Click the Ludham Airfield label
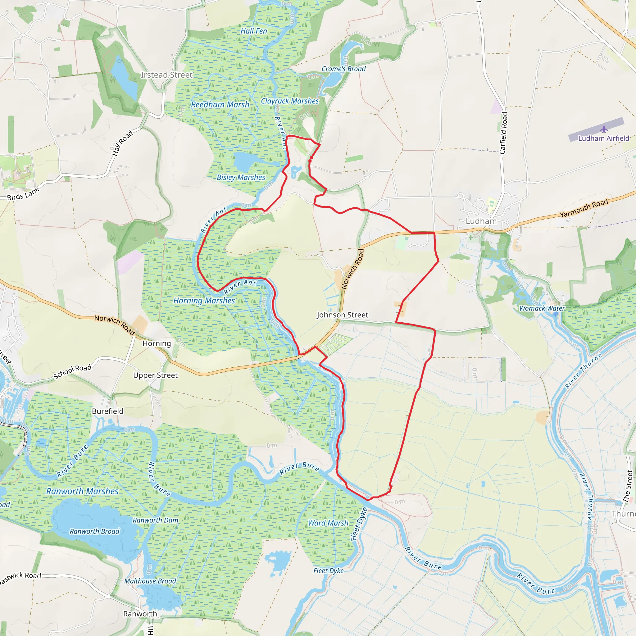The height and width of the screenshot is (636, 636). (603, 138)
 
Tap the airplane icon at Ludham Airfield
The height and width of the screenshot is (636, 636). (604, 129)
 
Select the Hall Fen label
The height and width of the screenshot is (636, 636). (253, 31)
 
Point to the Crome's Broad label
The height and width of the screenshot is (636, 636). (343, 69)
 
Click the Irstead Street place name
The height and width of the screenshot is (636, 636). (166, 75)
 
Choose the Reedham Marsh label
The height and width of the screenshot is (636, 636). (220, 104)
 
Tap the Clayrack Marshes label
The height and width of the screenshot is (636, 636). (290, 101)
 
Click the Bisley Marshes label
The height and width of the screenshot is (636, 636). (241, 177)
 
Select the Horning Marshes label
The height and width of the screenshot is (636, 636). (204, 300)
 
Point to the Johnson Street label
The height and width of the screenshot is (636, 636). (342, 315)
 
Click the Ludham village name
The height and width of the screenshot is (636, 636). (481, 221)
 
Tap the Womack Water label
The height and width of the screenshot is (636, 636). (542, 308)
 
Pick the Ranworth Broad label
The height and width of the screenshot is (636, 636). (94, 531)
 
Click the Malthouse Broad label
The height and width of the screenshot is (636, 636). (150, 581)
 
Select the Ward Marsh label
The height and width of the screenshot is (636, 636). (328, 523)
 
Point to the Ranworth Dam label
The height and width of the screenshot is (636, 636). (155, 520)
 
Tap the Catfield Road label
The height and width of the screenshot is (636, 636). (504, 133)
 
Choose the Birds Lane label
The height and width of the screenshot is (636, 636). (23, 193)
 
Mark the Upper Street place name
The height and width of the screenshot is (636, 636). (155, 375)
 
